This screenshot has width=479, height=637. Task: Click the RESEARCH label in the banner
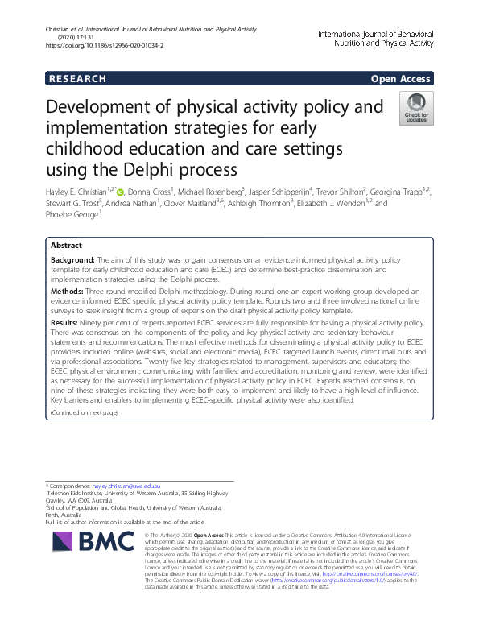tap(77, 79)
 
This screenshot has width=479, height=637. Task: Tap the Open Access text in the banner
tap(401, 79)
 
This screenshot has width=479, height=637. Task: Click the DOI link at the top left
tap(105, 46)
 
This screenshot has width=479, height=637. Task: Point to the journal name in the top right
tap(375, 39)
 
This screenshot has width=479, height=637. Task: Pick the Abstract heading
tap(66, 245)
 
